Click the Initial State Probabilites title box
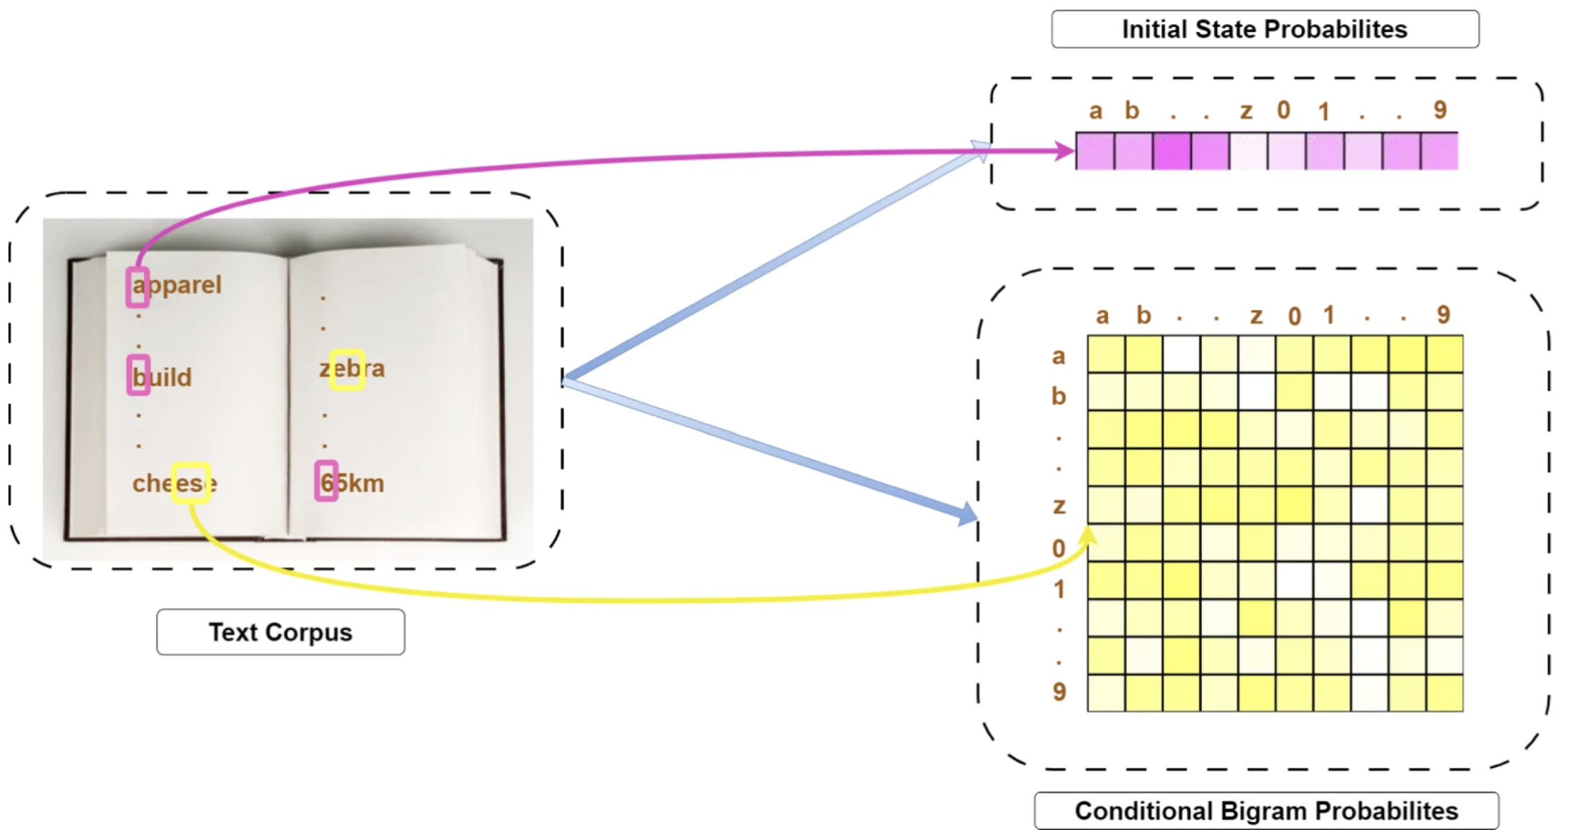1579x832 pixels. pyautogui.click(x=1265, y=30)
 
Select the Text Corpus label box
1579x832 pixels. pyautogui.click(x=280, y=632)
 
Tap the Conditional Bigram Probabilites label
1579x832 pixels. pyautogui.click(x=1266, y=811)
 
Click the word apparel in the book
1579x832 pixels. pyautogui.click(x=177, y=285)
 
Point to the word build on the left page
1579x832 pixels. pyautogui.click(x=162, y=377)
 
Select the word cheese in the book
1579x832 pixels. pyautogui.click(x=174, y=484)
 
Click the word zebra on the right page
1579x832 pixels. pyautogui.click(x=352, y=369)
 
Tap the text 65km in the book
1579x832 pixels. pyautogui.click(x=352, y=484)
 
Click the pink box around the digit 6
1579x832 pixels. pyautogui.click(x=326, y=481)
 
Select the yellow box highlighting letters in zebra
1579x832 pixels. pyautogui.click(x=347, y=369)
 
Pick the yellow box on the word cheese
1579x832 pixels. pyautogui.click(x=191, y=482)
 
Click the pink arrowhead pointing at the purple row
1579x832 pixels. pyautogui.click(x=1063, y=150)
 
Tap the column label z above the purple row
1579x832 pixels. pyautogui.click(x=1246, y=111)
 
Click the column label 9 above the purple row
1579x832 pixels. pyautogui.click(x=1441, y=110)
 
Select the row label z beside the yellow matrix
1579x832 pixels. pyautogui.click(x=1059, y=506)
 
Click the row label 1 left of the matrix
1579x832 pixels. pyautogui.click(x=1059, y=588)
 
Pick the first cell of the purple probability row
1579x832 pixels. pyautogui.click(x=1095, y=151)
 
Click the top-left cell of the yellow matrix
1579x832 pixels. pyautogui.click(x=1106, y=354)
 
